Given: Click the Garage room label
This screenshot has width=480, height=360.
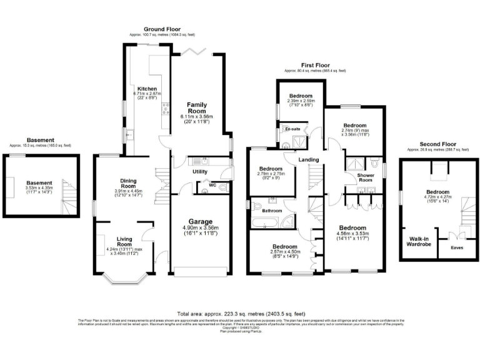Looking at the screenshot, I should click(197, 221).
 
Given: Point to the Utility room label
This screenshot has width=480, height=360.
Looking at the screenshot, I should click(199, 171).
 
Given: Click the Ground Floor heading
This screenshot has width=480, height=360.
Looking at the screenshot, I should click(162, 29).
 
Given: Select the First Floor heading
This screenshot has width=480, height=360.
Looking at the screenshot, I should click(315, 66).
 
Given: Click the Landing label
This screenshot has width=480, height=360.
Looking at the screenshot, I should click(309, 159).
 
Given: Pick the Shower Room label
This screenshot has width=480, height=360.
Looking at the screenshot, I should click(366, 178).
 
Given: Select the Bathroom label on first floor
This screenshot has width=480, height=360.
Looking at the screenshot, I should click(272, 211).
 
